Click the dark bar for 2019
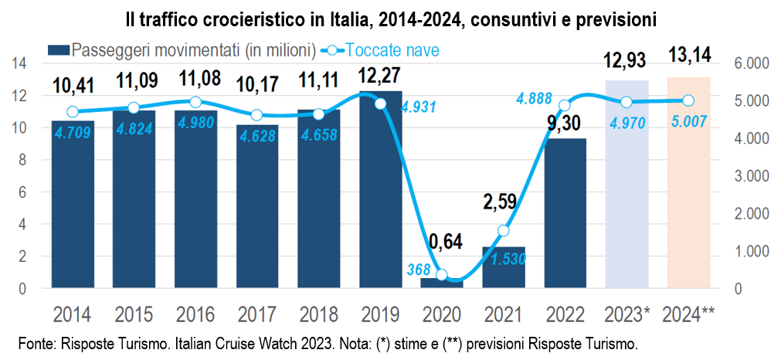click(380, 189)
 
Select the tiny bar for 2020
click(442, 284)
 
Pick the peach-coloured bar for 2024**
click(689, 182)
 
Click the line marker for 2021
click(504, 230)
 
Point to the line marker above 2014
click(73, 111)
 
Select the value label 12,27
click(379, 77)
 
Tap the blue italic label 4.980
click(195, 127)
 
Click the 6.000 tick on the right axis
click(748, 63)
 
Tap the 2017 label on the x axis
click(256, 314)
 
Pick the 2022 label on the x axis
click(565, 314)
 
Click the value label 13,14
click(689, 56)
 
